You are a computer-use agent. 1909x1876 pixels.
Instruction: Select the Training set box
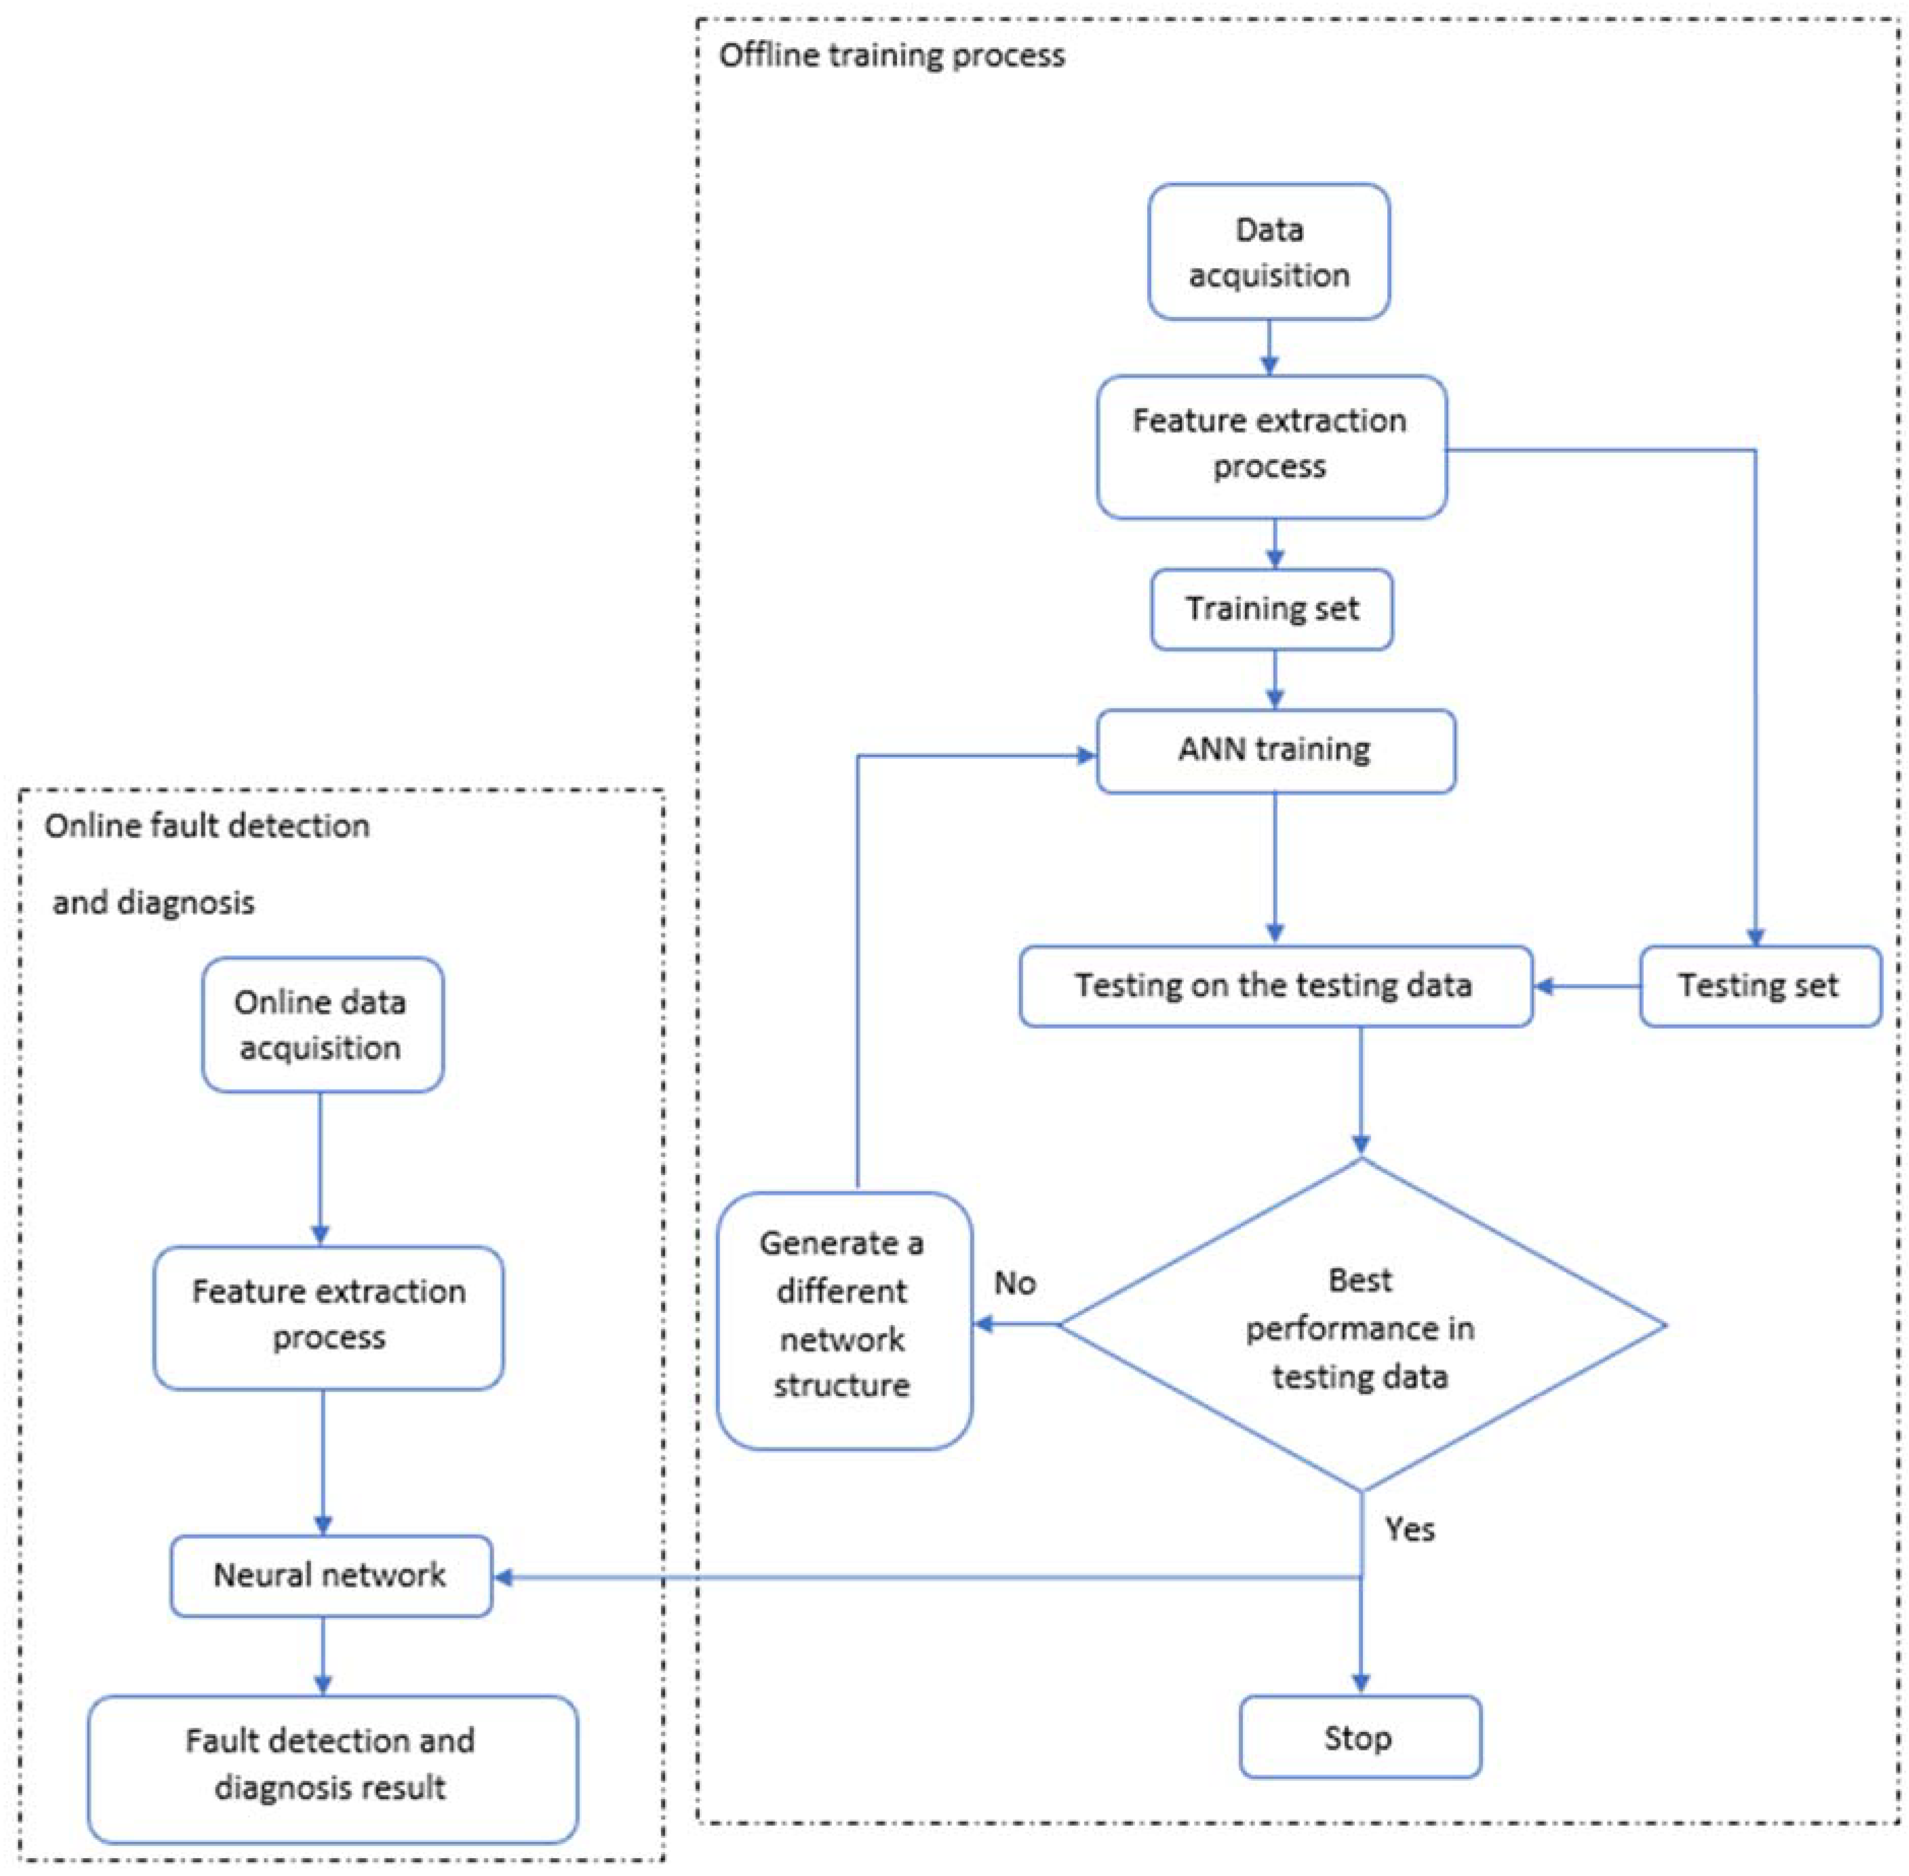coord(1272,609)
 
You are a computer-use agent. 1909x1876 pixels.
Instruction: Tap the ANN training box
coord(1275,751)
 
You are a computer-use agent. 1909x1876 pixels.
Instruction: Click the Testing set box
coord(1759,986)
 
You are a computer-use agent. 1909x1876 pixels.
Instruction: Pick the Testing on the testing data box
coord(1275,986)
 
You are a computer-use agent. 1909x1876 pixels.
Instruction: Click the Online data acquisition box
coord(322,1024)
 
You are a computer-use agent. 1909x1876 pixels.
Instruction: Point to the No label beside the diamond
coord(1015,1283)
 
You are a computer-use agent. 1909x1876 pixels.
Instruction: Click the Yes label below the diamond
coord(1410,1529)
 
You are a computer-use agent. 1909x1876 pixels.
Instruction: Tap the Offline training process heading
coord(891,55)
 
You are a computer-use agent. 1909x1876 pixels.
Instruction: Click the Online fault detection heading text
coord(207,826)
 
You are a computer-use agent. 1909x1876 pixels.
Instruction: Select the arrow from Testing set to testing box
coord(1586,986)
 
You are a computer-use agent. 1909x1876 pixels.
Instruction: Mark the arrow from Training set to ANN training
coord(1275,680)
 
